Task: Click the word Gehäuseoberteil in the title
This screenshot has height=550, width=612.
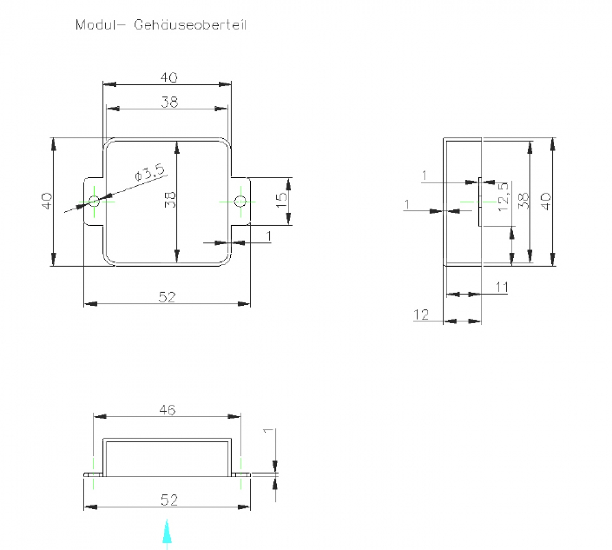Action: pyautogui.click(x=190, y=25)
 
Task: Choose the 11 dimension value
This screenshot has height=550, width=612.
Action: pyautogui.click(x=502, y=288)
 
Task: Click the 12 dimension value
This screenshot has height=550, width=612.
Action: pyautogui.click(x=422, y=315)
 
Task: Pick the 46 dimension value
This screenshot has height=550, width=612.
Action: pyautogui.click(x=167, y=410)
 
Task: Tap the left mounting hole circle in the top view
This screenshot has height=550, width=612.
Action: pyautogui.click(x=94, y=200)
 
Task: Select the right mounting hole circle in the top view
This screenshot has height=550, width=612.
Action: pyautogui.click(x=240, y=201)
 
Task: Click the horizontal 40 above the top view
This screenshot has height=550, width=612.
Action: pyautogui.click(x=169, y=78)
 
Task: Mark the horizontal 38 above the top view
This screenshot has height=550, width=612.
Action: pyautogui.click(x=169, y=102)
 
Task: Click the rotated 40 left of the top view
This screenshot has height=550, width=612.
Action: pyautogui.click(x=46, y=201)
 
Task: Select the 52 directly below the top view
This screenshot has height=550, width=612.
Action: pyautogui.click(x=167, y=297)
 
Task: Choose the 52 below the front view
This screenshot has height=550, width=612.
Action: pyautogui.click(x=169, y=500)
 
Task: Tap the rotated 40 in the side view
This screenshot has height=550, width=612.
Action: pyautogui.click(x=546, y=202)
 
